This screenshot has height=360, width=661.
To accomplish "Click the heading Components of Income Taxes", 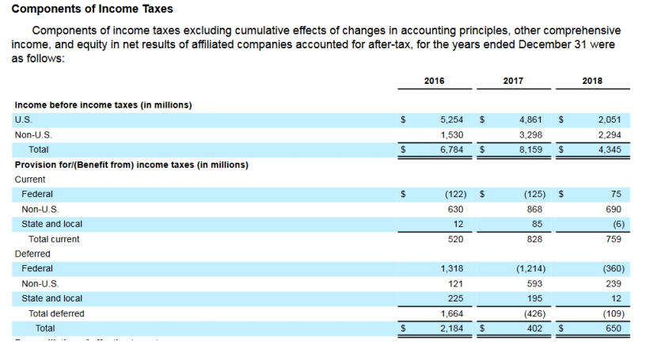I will click(93, 9).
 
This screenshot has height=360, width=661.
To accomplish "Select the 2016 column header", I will click(434, 81).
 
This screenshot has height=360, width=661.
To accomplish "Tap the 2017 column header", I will click(512, 81).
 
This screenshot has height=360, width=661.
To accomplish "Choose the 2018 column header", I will click(591, 81).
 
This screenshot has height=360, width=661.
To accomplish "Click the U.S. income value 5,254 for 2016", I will click(451, 120).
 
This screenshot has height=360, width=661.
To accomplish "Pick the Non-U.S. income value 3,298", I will click(530, 135).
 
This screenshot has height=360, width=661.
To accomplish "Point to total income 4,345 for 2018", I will click(610, 149).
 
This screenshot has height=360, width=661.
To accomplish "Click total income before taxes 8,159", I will click(530, 149).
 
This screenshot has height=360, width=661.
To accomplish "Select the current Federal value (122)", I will click(454, 194).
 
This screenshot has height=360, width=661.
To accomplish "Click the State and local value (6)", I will click(618, 224).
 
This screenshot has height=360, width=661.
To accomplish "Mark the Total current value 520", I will click(456, 239).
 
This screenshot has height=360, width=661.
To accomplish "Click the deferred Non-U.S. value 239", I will click(614, 283).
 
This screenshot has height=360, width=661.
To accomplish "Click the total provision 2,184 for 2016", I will click(451, 328).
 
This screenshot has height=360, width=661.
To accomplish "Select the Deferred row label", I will click(32, 254).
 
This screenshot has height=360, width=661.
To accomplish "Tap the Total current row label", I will click(54, 239).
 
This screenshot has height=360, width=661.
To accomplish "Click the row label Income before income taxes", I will click(103, 104).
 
